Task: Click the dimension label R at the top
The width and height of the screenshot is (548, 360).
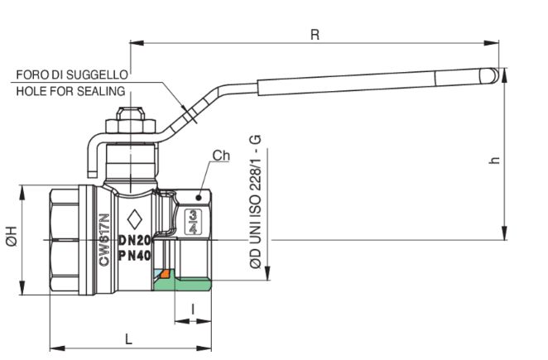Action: click(x=315, y=35)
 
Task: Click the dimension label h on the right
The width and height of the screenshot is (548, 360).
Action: click(x=494, y=160)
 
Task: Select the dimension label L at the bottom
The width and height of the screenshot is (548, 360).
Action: click(x=128, y=339)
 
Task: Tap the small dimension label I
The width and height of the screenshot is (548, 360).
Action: click(x=193, y=309)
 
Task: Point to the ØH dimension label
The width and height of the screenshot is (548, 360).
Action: click(x=12, y=236)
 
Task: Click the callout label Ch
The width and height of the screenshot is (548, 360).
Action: click(x=221, y=156)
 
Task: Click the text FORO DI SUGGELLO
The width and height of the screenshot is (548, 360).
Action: click(x=72, y=74)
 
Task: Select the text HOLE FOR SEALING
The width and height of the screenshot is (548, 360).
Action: click(x=70, y=91)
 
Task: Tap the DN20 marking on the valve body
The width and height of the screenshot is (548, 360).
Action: click(x=135, y=240)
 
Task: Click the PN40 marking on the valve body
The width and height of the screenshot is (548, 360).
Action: click(x=135, y=256)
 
